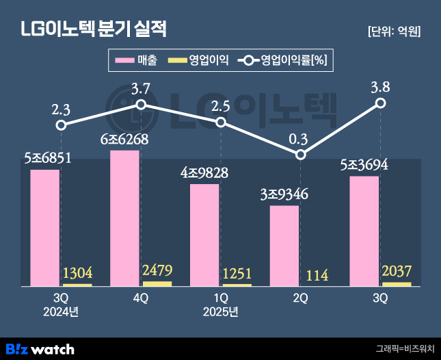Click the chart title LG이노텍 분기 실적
tap(94, 30)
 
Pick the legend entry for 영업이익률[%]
tap(283, 61)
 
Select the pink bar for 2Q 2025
tap(284, 245)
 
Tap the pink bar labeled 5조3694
tap(364, 231)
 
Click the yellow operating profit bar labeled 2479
tap(157, 283)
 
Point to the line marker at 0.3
tap(301, 155)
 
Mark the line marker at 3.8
tap(381, 103)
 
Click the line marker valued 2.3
tap(61, 125)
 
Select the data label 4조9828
tap(204, 172)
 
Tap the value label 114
tap(317, 275)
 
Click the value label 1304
tap(77, 274)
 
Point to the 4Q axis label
tap(140, 298)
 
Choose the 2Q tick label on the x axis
tap(300, 298)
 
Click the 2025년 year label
tap(220, 313)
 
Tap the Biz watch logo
tap(39, 349)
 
